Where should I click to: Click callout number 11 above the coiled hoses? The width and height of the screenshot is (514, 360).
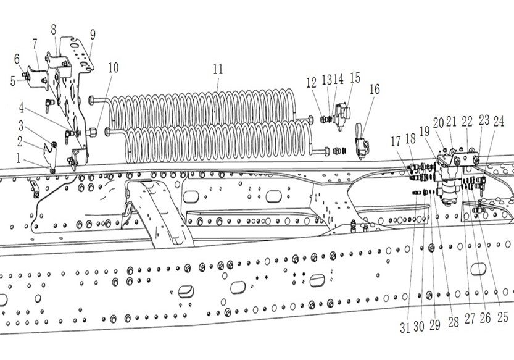tap(217, 69)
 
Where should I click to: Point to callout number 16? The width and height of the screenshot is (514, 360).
tap(374, 89)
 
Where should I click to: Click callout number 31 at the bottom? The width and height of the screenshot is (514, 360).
tap(405, 327)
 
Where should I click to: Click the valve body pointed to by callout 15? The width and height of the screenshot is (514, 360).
tap(341, 114)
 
